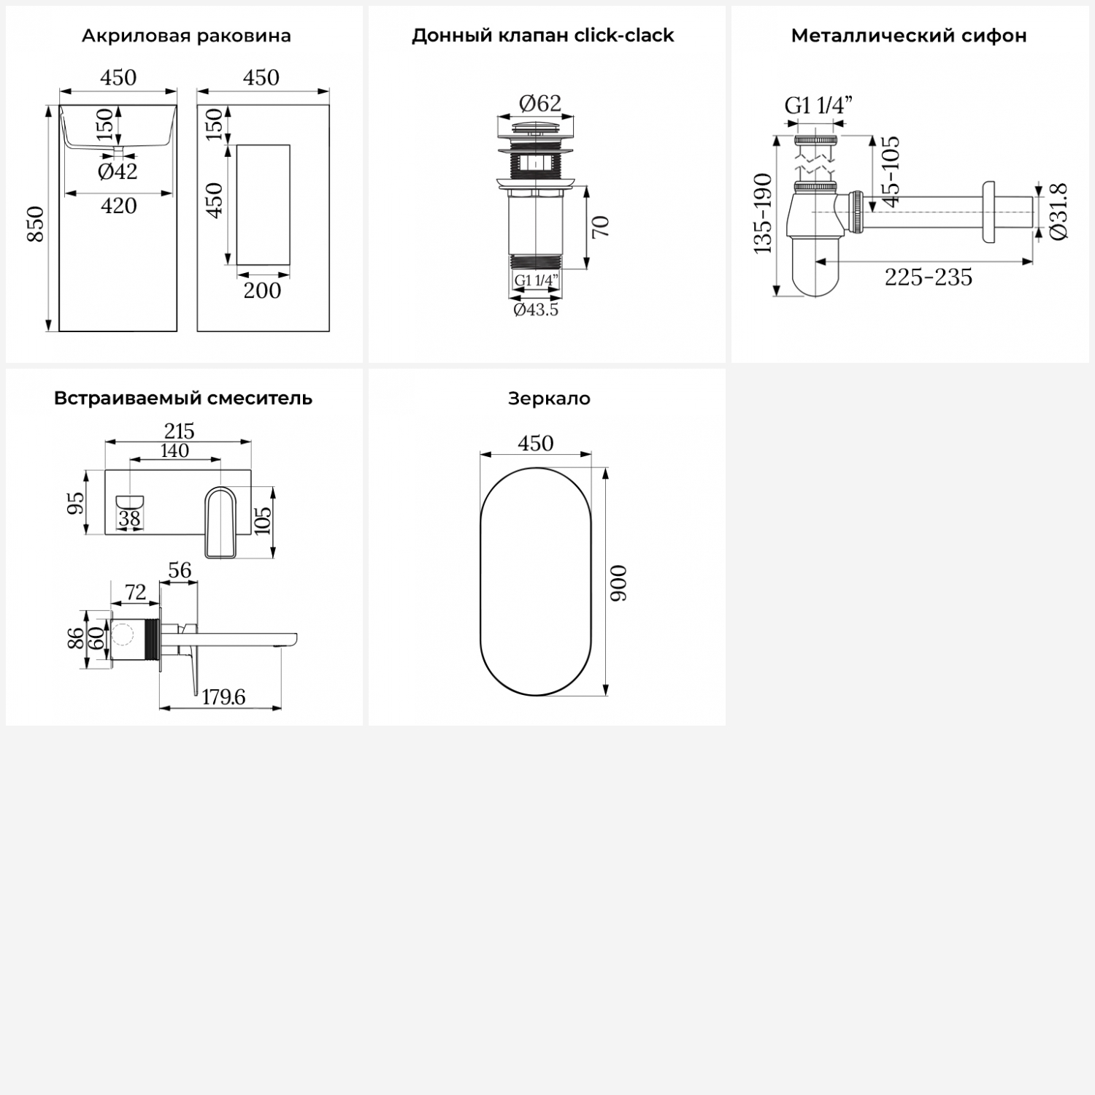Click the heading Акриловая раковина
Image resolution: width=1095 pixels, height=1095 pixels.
tap(186, 36)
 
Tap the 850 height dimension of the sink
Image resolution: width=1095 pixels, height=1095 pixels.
tap(35, 224)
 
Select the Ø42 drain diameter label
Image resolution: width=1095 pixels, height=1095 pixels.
tap(118, 172)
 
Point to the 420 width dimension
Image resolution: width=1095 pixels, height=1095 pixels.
tap(119, 206)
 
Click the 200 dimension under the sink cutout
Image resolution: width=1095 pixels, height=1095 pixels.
tap(262, 291)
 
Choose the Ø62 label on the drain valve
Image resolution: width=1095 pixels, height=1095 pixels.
tap(540, 104)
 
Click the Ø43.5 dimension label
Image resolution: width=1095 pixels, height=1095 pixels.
tap(536, 310)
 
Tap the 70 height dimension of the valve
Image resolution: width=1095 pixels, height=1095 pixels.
tap(600, 227)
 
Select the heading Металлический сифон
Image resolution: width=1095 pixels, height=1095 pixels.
tap(909, 36)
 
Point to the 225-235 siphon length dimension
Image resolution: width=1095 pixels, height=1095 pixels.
tap(929, 277)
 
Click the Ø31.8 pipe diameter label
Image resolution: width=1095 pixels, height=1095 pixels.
tap(1059, 211)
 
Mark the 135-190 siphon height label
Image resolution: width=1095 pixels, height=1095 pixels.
tap(763, 213)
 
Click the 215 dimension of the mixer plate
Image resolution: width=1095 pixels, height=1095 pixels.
tap(179, 431)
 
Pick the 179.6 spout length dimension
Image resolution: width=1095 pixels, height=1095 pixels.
tap(223, 697)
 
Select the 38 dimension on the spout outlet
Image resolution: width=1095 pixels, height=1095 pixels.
tap(129, 518)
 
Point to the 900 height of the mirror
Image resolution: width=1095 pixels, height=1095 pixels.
tap(618, 583)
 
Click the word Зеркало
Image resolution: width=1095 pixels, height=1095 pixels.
tap(549, 399)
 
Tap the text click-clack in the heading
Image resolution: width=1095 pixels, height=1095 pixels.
tap(624, 36)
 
